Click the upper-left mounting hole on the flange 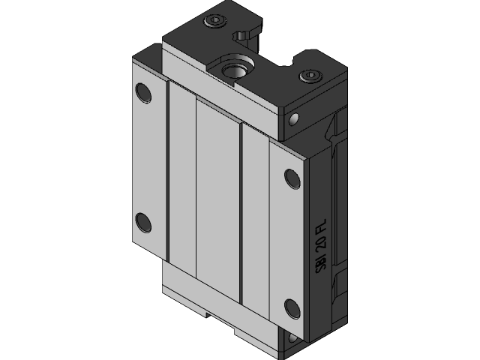click(142, 93)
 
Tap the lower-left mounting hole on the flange click(142, 223)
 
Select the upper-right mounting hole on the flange click(292, 178)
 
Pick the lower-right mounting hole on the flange click(292, 307)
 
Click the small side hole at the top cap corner click(292, 118)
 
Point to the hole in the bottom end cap click(293, 340)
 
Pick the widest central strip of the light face click(217, 202)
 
